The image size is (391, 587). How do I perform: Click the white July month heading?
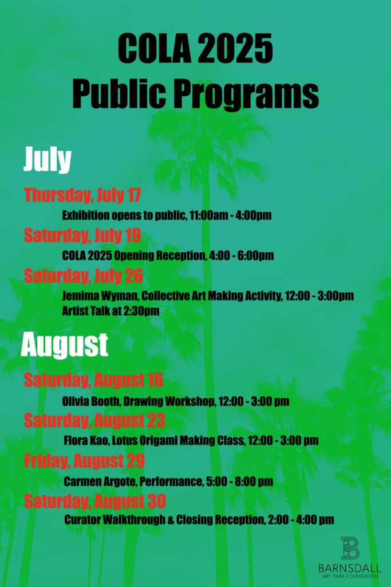pyautogui.click(x=48, y=160)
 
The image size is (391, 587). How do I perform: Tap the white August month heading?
pyautogui.click(x=65, y=345)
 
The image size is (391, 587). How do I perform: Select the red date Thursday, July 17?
pyautogui.click(x=82, y=195)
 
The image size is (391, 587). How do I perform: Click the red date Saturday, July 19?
pyautogui.click(x=82, y=236)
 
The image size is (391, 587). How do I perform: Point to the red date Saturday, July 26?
pyautogui.click(x=84, y=276)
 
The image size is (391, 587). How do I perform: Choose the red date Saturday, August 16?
pyautogui.click(x=93, y=380)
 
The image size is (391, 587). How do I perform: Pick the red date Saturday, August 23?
pyautogui.click(x=94, y=420)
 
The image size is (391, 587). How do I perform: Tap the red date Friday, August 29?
pyautogui.click(x=84, y=461)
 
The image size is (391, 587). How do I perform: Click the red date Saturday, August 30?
pyautogui.click(x=95, y=501)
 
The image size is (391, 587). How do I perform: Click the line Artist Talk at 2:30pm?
pyautogui.click(x=110, y=311)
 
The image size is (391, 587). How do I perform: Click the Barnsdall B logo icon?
pyautogui.click(x=350, y=547)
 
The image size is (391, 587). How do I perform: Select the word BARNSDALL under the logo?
pyautogui.click(x=350, y=568)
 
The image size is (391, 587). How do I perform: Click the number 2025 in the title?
pyautogui.click(x=234, y=49)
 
